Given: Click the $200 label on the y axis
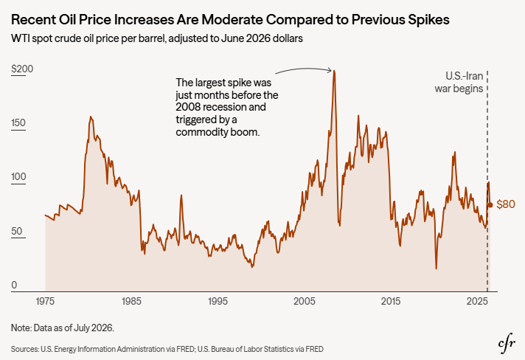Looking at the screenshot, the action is point(22,69).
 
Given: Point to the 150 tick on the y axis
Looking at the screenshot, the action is point(18,123).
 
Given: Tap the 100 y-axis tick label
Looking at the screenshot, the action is point(18,177).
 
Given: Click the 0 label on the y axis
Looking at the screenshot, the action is point(14,285).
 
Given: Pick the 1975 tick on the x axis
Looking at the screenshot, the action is point(45,302).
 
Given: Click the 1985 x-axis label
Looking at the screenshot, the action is point(131,302).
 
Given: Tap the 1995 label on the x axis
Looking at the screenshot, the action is point(218,302).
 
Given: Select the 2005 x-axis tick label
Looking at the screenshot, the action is point(305,302).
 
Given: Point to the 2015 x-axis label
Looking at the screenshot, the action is point(391,302).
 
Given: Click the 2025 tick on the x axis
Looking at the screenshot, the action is point(477,302).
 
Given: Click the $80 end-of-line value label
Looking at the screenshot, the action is point(506,204).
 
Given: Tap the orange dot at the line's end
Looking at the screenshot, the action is point(490,205).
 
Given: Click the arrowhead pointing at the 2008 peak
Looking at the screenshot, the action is point(330,70).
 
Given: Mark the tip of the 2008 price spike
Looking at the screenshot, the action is point(334,71).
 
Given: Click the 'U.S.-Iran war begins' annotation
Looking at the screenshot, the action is point(459,82).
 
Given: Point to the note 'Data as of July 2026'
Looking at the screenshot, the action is point(74,328).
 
